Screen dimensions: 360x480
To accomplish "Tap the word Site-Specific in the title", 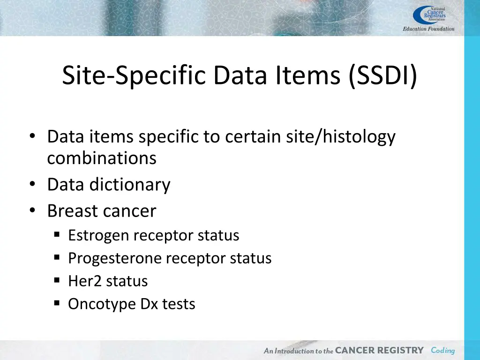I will pyautogui.click(x=135, y=76).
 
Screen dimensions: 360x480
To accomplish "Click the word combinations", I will pyautogui.click(x=102, y=158).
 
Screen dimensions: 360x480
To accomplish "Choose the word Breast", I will pyautogui.click(x=75, y=211).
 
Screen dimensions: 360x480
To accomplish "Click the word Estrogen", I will pyautogui.click(x=98, y=235).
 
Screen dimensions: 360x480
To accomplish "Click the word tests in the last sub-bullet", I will pyautogui.click(x=179, y=304).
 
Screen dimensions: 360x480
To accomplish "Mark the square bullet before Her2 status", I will pyautogui.click(x=57, y=281).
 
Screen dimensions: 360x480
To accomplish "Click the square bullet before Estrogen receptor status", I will pyautogui.click(x=57, y=235).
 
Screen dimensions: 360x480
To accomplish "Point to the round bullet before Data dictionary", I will pyautogui.click(x=32, y=185).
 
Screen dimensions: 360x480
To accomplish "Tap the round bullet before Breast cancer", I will pyautogui.click(x=32, y=211).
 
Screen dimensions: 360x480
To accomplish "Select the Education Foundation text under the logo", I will pyautogui.click(x=428, y=29).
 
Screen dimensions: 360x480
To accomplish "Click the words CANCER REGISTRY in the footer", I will pyautogui.click(x=379, y=350).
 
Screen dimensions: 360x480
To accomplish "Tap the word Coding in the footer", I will pyautogui.click(x=442, y=350).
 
